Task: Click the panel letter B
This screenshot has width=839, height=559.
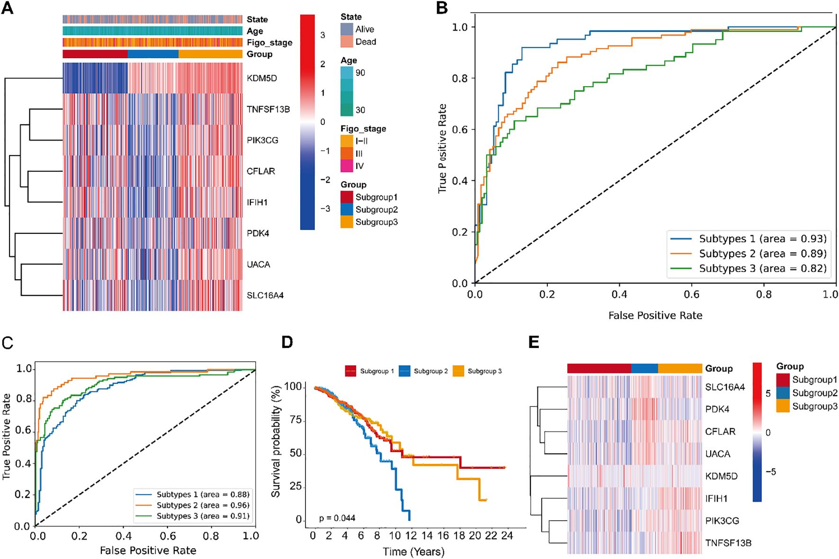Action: (442, 8)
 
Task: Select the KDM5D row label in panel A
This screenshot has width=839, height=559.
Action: (262, 78)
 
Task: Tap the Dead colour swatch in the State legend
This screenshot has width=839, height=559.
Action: (347, 42)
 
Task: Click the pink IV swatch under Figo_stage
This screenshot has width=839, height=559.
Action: (347, 166)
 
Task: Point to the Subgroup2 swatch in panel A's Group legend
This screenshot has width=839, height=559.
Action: (347, 210)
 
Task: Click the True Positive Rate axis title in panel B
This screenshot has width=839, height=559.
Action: (442, 148)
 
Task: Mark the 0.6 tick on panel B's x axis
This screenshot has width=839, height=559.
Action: (691, 294)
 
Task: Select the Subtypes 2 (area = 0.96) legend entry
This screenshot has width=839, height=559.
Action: (203, 505)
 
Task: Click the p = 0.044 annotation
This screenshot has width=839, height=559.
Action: (337, 518)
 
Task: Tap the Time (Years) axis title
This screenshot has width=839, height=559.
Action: (414, 551)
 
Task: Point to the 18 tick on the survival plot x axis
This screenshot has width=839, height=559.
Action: (459, 535)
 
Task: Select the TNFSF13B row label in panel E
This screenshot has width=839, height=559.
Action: (728, 543)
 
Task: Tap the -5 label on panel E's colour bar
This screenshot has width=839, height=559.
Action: (771, 471)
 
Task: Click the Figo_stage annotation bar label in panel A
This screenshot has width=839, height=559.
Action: (269, 43)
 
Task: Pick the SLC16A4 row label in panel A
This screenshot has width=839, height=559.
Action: (265, 295)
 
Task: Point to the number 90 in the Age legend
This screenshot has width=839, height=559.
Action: (360, 73)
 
